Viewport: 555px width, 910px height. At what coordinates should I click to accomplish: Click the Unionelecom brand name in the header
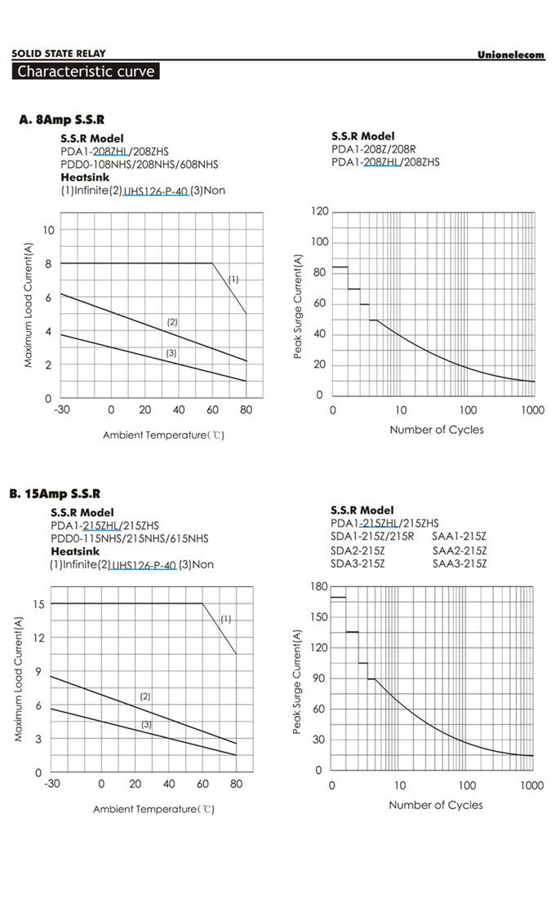(x=511, y=55)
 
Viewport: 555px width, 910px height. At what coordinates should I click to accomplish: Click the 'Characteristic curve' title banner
(x=86, y=72)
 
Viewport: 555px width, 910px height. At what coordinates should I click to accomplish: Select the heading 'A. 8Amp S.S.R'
(x=61, y=120)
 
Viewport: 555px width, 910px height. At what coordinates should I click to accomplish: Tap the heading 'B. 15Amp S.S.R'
(x=55, y=493)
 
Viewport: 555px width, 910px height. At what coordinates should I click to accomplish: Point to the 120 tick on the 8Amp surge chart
(x=319, y=212)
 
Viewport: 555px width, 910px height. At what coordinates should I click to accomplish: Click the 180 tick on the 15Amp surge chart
(x=318, y=587)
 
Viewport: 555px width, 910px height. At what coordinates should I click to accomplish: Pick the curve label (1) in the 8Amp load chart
(x=233, y=279)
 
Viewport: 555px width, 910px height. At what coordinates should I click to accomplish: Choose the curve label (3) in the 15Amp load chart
(x=147, y=724)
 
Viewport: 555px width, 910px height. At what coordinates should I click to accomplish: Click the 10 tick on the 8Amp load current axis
(x=49, y=231)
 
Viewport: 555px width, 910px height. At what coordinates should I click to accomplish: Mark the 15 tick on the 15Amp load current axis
(x=38, y=604)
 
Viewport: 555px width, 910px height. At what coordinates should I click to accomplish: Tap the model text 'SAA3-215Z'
(x=460, y=563)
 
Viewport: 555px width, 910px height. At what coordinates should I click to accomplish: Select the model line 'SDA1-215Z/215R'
(x=372, y=537)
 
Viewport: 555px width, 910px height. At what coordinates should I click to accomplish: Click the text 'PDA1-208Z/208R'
(x=374, y=149)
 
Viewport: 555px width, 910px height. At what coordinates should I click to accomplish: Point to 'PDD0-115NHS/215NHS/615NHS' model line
(x=129, y=538)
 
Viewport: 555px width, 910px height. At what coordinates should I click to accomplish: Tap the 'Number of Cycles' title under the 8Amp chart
(x=436, y=430)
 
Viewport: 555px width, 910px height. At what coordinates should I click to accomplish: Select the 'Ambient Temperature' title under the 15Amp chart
(x=153, y=809)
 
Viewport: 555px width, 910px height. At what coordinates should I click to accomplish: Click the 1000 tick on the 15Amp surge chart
(x=531, y=785)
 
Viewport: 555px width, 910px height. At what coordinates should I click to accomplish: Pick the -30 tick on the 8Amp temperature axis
(x=61, y=410)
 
